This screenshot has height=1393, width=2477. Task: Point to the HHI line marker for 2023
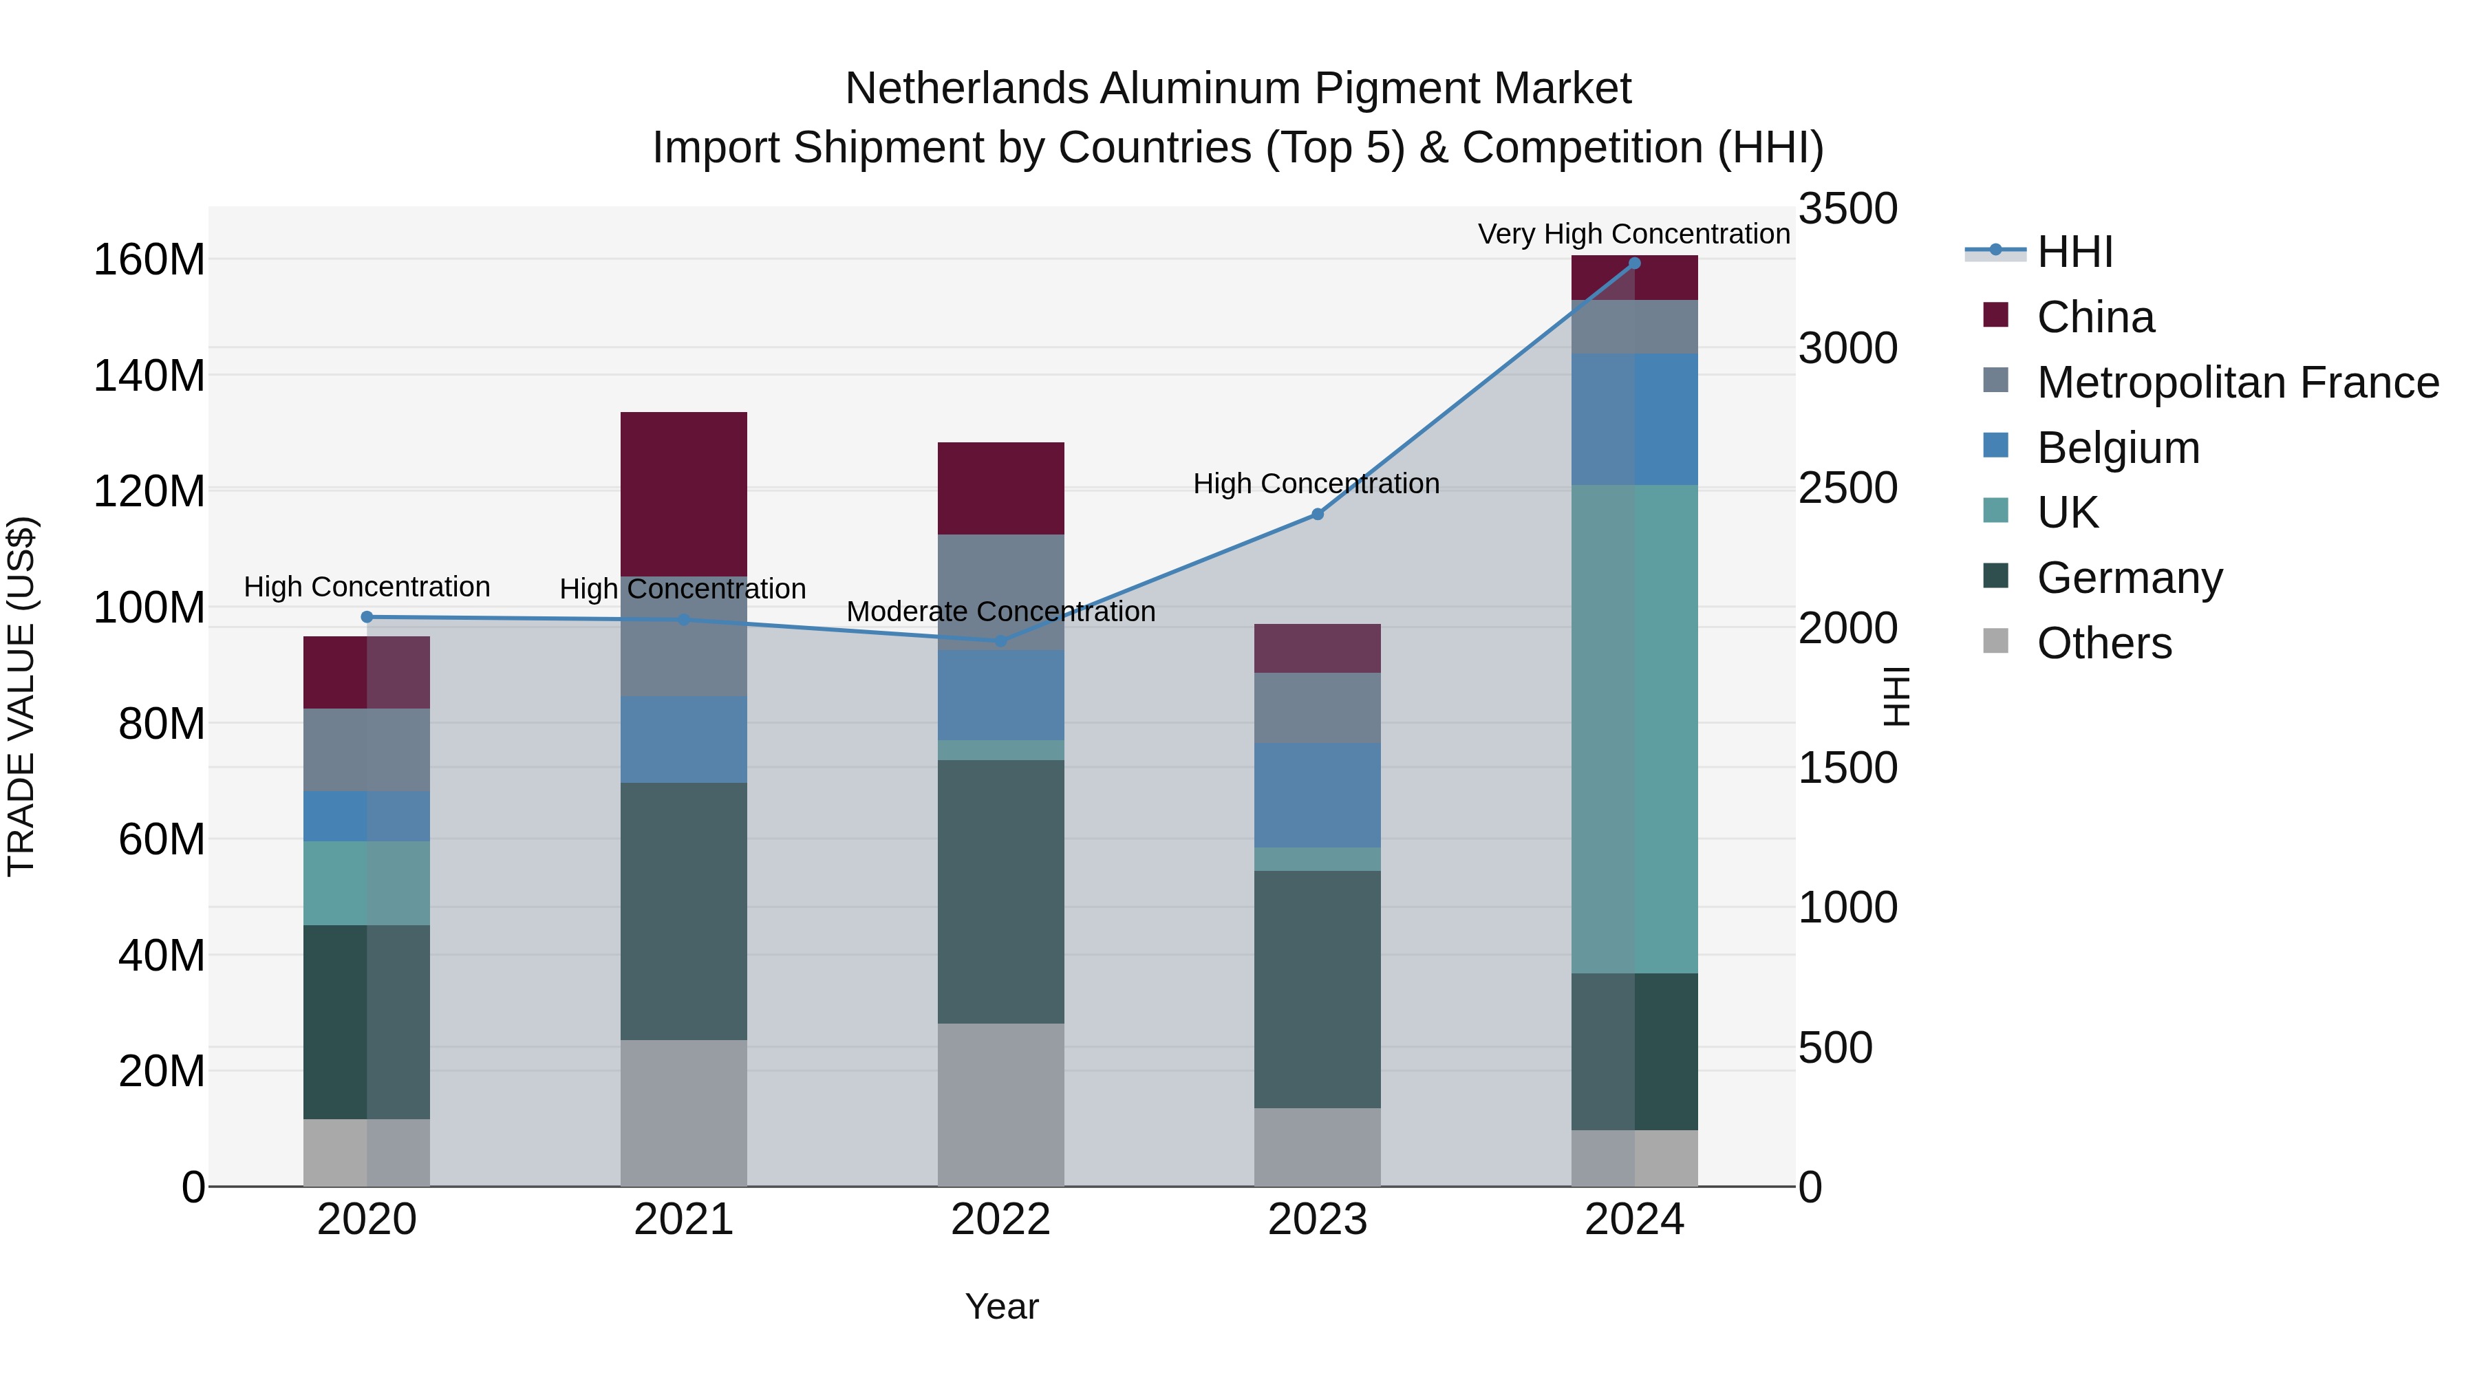1318,515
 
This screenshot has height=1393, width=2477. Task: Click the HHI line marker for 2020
366,617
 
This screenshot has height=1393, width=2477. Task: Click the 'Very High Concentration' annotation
1633,234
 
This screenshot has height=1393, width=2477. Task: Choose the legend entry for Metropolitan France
2237,382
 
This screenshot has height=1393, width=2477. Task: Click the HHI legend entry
2074,252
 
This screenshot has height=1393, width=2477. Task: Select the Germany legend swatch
1995,577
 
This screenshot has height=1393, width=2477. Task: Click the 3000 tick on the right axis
1847,348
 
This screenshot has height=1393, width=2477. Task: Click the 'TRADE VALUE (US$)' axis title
21,696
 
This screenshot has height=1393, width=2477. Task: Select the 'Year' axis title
1001,1306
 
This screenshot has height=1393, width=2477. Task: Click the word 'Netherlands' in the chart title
967,89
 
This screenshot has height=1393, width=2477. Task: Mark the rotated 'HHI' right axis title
1894,696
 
